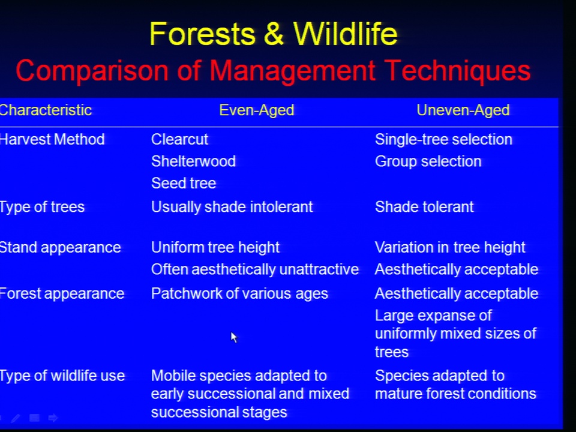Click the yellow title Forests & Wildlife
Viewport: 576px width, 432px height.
(x=274, y=34)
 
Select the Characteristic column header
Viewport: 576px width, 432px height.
(x=46, y=110)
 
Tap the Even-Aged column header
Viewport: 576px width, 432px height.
(x=256, y=110)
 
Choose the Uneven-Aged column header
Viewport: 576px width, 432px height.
(x=463, y=110)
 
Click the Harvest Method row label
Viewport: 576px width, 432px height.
(x=52, y=140)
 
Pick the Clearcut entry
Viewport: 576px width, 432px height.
(x=179, y=140)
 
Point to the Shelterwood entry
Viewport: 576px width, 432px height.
(x=194, y=161)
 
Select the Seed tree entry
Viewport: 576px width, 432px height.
(x=184, y=184)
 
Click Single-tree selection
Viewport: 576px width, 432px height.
(x=443, y=140)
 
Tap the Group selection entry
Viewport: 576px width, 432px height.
(x=428, y=161)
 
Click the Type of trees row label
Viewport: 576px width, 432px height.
(x=42, y=207)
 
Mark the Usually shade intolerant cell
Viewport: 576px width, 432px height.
(x=232, y=207)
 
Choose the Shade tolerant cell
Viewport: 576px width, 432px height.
(x=424, y=207)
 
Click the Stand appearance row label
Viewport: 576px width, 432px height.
(x=60, y=248)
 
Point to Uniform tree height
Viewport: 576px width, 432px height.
(x=215, y=248)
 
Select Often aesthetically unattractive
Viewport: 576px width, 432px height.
(x=255, y=269)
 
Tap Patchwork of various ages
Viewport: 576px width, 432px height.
(x=239, y=294)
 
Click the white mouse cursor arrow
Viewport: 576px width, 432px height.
(x=233, y=337)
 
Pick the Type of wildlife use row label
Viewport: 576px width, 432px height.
(x=62, y=376)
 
